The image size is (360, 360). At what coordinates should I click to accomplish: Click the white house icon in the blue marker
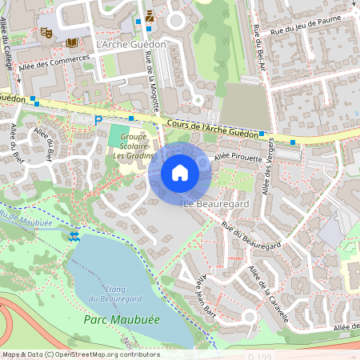(179, 172)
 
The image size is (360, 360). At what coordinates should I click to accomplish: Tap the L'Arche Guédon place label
(130, 44)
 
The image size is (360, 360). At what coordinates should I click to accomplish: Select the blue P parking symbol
(98, 121)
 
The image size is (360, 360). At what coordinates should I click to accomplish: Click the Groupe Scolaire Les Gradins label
(129, 146)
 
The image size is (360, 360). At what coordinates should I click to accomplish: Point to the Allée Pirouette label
(238, 158)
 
